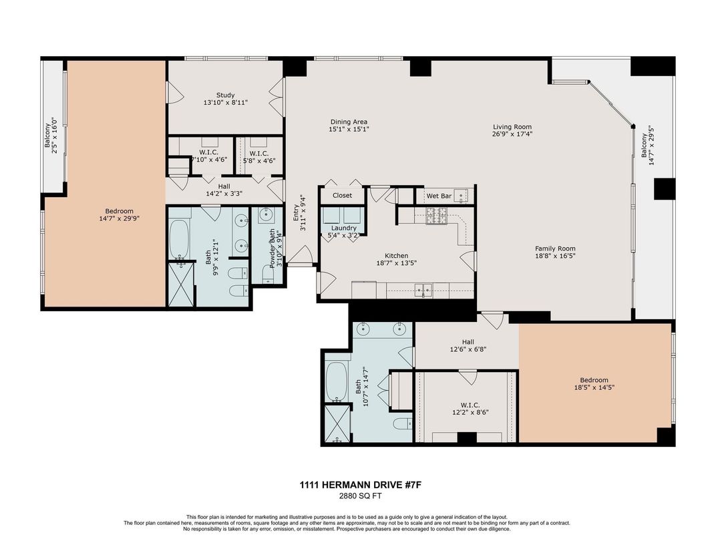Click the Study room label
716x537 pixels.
point(225,95)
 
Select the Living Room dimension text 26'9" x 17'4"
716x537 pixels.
point(512,134)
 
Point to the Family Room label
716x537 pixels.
point(554,248)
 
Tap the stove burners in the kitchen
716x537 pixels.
point(437,214)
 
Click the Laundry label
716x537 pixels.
point(343,228)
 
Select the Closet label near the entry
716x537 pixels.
point(343,196)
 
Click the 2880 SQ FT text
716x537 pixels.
point(357,497)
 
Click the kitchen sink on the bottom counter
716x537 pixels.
point(423,290)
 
